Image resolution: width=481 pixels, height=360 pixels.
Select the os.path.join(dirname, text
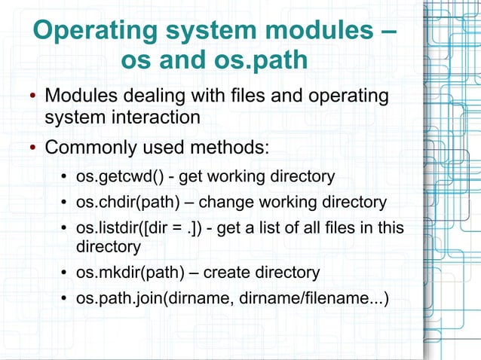pyautogui.click(x=155, y=298)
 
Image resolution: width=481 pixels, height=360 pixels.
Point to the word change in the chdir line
pyautogui.click(x=226, y=203)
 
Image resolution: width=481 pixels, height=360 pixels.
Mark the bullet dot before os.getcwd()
pyautogui.click(x=65, y=178)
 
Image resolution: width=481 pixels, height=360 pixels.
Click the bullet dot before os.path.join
pyautogui.click(x=65, y=299)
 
